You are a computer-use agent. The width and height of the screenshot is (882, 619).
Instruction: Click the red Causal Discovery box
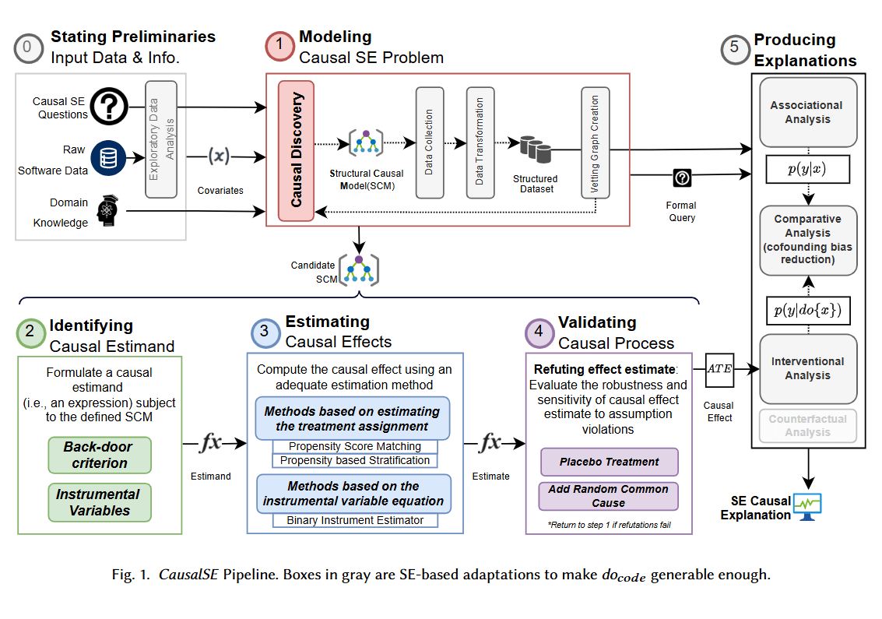[x=296, y=149]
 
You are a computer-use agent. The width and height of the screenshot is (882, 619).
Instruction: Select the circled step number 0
[x=28, y=47]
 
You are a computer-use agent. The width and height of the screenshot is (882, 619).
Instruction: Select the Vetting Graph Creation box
[x=595, y=143]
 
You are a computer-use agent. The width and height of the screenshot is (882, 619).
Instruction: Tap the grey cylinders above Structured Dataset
[x=535, y=148]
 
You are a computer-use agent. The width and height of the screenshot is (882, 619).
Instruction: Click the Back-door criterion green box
[x=100, y=455]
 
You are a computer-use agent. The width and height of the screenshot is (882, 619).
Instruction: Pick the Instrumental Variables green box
[x=100, y=503]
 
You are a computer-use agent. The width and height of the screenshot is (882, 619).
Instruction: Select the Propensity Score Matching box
[x=355, y=446]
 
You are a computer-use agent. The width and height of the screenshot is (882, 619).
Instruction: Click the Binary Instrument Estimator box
[x=355, y=520]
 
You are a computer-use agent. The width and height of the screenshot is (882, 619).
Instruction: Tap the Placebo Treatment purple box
[x=610, y=462]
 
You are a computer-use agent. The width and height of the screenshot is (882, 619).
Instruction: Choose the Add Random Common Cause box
[x=610, y=496]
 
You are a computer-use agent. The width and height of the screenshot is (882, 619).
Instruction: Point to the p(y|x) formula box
[x=808, y=169]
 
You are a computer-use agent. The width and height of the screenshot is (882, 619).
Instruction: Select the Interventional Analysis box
[x=808, y=368]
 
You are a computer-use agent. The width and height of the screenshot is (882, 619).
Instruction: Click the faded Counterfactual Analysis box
[x=808, y=426]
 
